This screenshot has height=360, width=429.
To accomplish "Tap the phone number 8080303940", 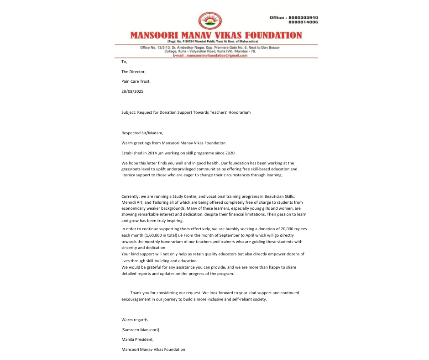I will click(x=303, y=17).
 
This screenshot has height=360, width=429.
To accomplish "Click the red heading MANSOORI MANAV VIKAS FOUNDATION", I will click(x=216, y=36).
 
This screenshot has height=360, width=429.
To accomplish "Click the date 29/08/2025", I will click(x=132, y=91).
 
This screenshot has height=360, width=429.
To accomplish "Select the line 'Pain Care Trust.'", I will click(x=136, y=81).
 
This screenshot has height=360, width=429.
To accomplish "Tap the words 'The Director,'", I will click(x=133, y=72).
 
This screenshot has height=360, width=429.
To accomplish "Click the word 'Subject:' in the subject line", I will click(x=129, y=112).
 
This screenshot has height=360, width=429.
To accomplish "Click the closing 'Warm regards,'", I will click(x=135, y=320).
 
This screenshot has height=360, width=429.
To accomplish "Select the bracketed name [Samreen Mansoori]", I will click(x=140, y=330).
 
